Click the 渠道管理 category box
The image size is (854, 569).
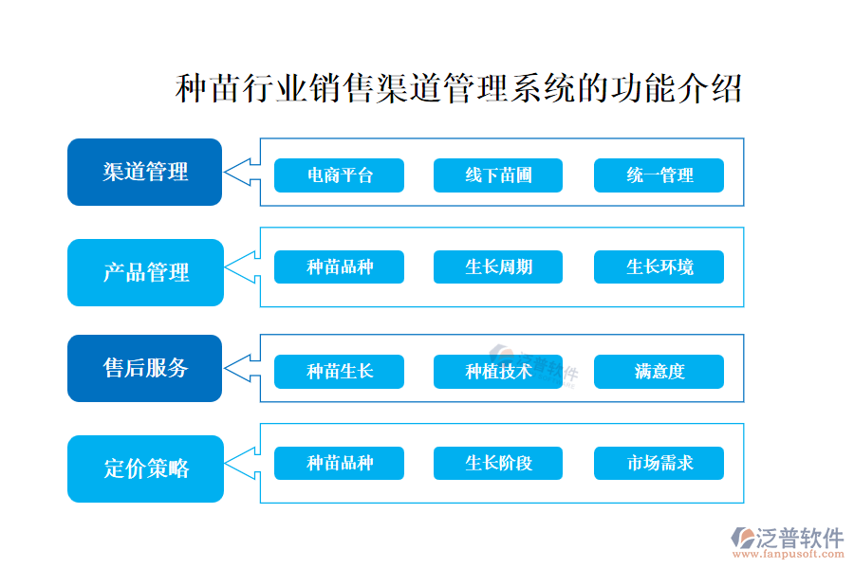click(144, 172)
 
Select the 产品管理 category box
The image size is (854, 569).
click(144, 272)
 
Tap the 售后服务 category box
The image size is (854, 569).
click(144, 368)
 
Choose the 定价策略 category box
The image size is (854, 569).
click(144, 468)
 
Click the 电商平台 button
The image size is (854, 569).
click(339, 175)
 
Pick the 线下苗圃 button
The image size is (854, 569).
click(498, 175)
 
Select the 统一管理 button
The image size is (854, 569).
click(659, 175)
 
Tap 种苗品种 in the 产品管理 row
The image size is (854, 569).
click(339, 267)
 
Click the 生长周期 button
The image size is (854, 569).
click(498, 267)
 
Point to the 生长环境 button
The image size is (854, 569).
click(659, 267)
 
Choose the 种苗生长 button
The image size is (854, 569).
click(339, 372)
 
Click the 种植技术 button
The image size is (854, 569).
click(498, 372)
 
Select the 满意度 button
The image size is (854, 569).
click(659, 372)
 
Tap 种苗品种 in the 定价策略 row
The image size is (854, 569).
click(339, 463)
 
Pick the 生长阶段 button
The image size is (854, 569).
click(498, 463)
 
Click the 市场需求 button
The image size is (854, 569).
click(659, 463)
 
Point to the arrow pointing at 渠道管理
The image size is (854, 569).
click(241, 172)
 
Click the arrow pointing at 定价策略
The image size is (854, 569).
click(241, 463)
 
